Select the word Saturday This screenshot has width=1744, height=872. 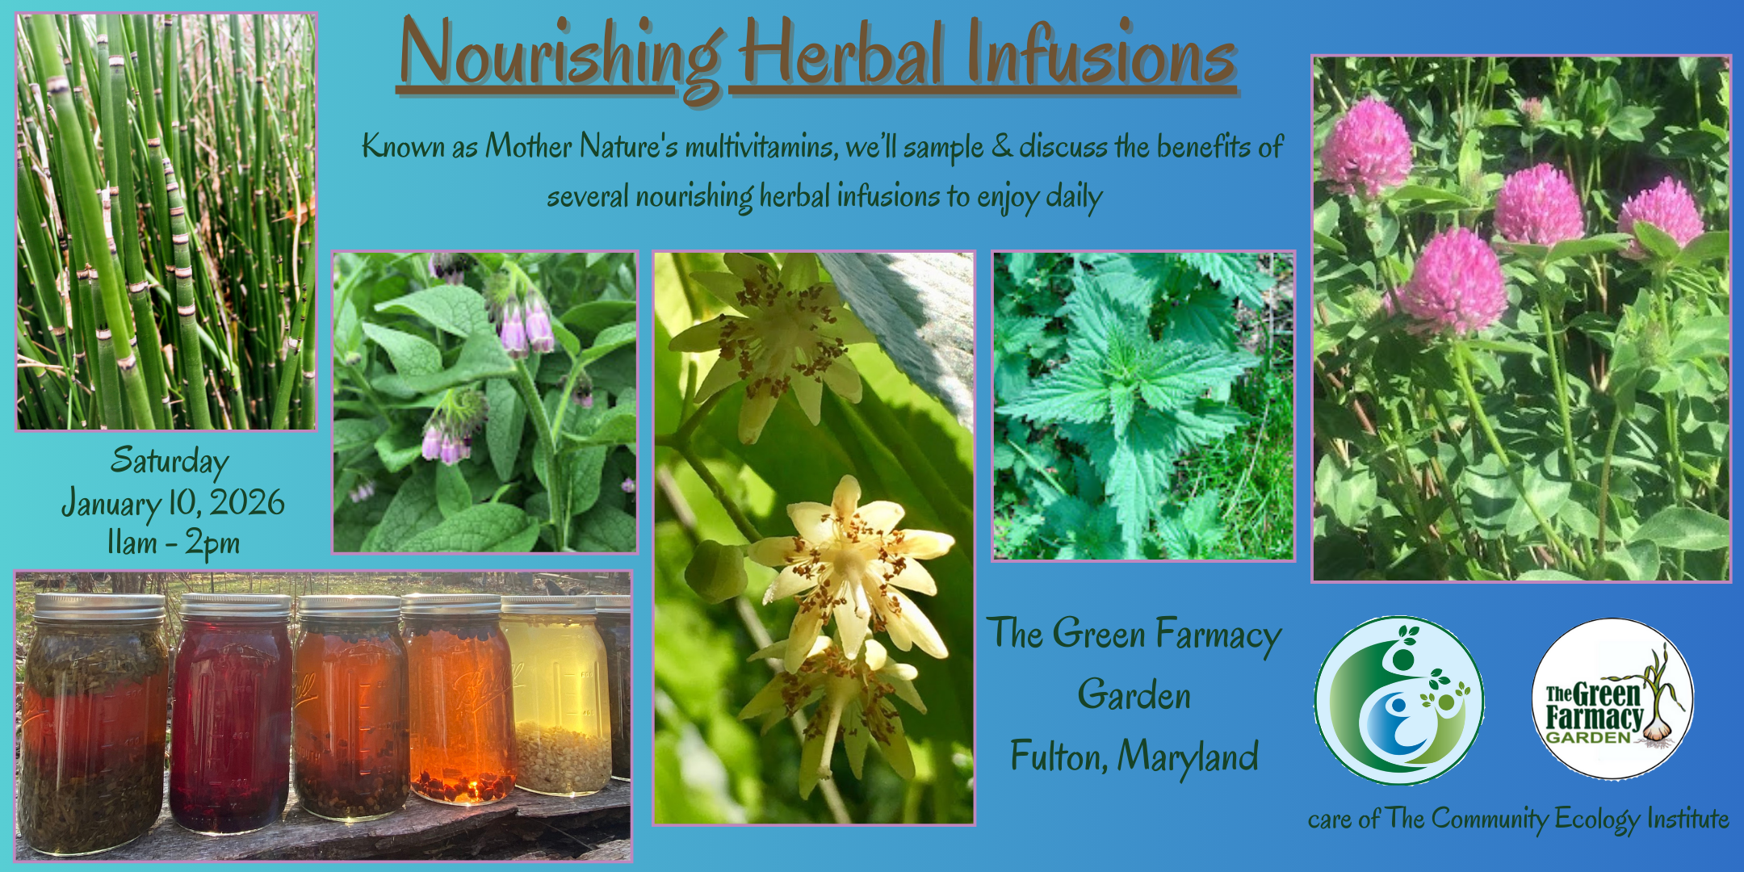click(170, 461)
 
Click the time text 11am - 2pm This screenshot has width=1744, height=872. click(174, 543)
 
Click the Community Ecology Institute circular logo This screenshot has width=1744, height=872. click(1398, 701)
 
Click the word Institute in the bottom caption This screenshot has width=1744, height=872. click(1688, 819)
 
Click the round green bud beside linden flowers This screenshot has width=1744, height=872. click(715, 572)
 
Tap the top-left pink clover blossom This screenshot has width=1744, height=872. click(1366, 146)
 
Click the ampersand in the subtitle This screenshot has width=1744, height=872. click(1001, 145)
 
